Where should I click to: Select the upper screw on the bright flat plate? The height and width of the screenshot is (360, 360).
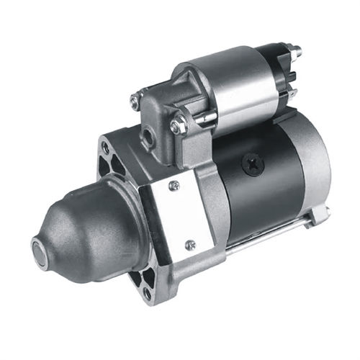(173, 186)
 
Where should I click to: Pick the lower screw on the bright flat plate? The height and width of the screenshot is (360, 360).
(190, 245)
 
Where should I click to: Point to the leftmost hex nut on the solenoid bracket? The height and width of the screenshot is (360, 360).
(135, 102)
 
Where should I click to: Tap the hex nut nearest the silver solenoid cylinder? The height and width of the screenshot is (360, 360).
(178, 126)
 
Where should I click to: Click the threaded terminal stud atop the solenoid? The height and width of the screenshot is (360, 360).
(294, 51)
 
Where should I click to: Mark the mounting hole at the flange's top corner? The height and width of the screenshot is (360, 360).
(106, 147)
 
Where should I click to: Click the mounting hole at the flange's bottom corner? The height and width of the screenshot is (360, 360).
(147, 293)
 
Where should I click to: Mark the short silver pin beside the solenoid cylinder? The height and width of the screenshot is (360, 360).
(205, 118)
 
